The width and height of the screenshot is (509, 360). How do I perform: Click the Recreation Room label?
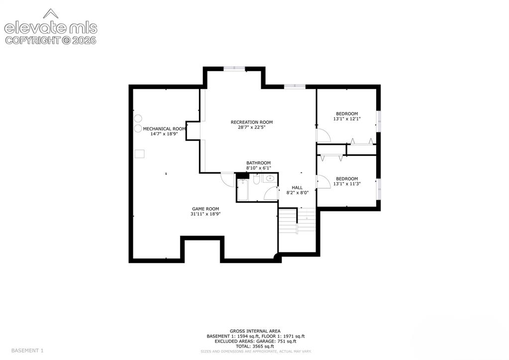point(252,122)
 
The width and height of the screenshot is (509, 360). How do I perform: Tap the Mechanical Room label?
point(164,128)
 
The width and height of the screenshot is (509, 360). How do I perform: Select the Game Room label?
point(205,209)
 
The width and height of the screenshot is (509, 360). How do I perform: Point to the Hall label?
point(297,188)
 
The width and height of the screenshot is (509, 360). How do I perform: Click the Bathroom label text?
point(258,163)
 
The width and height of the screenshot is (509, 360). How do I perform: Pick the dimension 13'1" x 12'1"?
point(347,119)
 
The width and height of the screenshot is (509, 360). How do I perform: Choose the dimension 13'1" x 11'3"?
point(347,184)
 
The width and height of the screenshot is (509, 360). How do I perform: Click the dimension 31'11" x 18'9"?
point(205,214)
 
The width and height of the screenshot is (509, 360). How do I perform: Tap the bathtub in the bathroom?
point(242,190)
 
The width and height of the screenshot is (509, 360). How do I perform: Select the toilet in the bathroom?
point(256,179)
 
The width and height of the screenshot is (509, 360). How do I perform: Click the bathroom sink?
point(270,178)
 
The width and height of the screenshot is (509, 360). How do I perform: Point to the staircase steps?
point(297,221)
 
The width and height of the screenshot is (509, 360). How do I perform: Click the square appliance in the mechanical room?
point(140,154)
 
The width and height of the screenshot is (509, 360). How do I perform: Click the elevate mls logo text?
point(51,28)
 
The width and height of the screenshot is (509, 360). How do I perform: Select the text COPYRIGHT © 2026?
point(51,40)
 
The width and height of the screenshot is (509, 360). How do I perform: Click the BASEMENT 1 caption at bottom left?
point(27,351)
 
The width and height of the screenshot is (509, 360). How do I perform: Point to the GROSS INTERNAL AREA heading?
point(255,331)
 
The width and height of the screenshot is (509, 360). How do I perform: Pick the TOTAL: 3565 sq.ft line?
point(255,347)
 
